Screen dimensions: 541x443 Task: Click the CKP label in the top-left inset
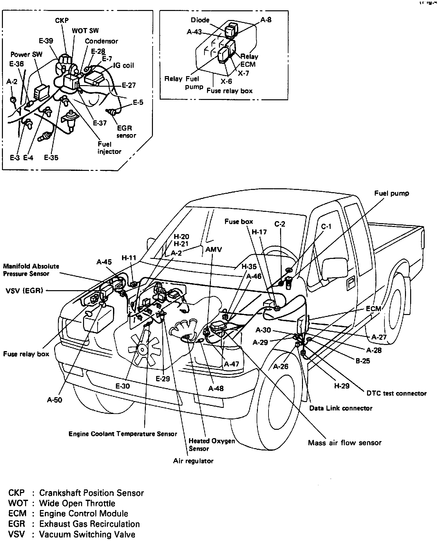tap(62, 21)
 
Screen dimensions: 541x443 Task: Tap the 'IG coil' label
tap(123, 65)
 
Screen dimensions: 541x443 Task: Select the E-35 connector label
tap(51, 158)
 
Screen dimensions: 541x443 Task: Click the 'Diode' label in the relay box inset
tap(200, 20)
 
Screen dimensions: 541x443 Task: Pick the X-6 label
tap(227, 81)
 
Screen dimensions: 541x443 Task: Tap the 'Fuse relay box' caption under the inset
tap(229, 91)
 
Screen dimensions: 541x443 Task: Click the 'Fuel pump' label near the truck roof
tap(391, 193)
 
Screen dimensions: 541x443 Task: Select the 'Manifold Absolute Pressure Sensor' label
tap(31, 270)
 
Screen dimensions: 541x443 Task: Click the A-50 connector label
tap(54, 400)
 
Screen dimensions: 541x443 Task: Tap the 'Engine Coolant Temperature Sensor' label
tap(123, 434)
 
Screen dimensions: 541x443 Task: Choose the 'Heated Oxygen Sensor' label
tap(212, 445)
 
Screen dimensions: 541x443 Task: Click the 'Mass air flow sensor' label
tap(344, 443)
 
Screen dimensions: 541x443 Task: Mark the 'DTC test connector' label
tap(396, 393)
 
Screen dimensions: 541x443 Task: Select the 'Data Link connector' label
tap(341, 408)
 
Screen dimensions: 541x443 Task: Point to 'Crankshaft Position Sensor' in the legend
tap(91, 493)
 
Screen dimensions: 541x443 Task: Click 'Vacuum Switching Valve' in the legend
tap(87, 534)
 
